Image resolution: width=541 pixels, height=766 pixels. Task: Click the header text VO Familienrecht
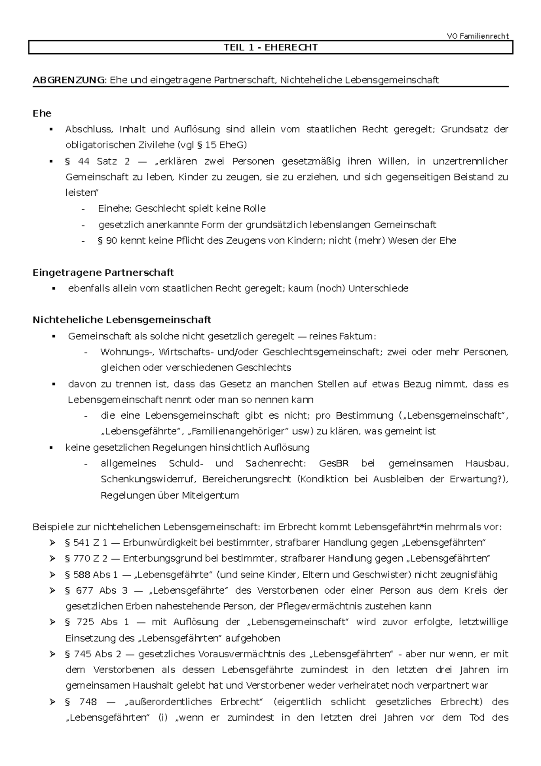tap(477, 36)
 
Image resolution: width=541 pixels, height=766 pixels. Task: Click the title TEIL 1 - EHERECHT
tap(270, 47)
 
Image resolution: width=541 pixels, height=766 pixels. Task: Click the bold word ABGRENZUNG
tap(68, 80)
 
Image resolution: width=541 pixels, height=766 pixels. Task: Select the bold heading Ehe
tap(42, 113)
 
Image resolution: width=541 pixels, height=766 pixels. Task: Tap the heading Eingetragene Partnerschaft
tap(103, 272)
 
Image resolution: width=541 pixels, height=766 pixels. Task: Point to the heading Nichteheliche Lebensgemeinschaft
tap(122, 320)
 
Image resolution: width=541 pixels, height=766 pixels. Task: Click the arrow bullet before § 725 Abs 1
tap(52, 622)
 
